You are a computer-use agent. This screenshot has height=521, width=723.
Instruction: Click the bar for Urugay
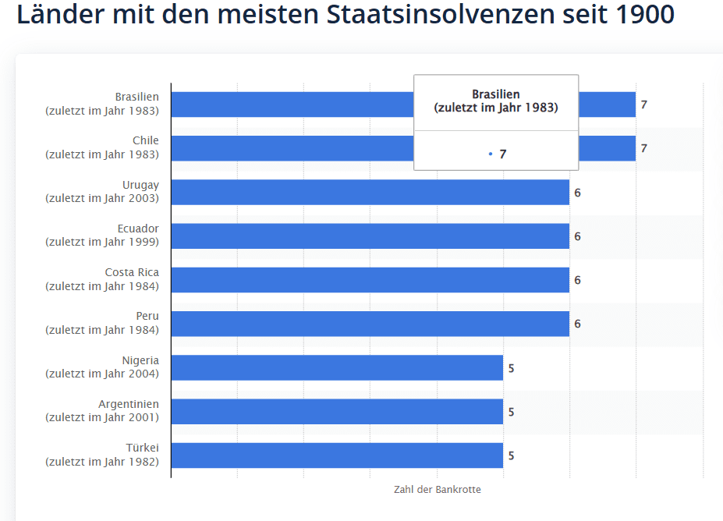pos(370,192)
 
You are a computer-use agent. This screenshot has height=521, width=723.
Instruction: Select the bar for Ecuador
pos(370,236)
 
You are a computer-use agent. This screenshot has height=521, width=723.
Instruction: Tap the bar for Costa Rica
pos(370,280)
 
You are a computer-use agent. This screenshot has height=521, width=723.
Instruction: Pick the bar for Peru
pos(370,324)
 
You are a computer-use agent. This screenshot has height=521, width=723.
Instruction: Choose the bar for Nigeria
pos(337,367)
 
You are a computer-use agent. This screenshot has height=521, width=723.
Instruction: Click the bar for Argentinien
pos(337,412)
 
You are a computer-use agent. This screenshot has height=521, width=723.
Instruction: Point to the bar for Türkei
pos(337,455)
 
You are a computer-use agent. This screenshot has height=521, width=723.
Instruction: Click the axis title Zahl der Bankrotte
pos(438,490)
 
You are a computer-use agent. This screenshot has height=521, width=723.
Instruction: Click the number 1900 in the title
pos(647,14)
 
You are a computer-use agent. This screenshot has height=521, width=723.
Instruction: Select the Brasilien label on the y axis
pos(136,97)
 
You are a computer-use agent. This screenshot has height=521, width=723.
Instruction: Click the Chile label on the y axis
pos(145,140)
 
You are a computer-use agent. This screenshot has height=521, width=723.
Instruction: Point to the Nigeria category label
pos(140,360)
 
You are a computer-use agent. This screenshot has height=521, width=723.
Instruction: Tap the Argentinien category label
pos(129,404)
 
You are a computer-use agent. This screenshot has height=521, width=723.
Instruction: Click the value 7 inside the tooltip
pos(503,154)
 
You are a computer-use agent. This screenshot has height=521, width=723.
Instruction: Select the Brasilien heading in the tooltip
pos(495,94)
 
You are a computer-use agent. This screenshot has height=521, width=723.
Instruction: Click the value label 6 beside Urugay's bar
pos(578,192)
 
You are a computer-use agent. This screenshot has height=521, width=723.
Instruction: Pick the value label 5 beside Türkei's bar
pos(511,455)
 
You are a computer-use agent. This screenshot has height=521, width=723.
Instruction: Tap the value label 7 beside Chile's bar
pos(644,148)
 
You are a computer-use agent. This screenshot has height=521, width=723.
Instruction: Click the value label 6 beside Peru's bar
pos(578,324)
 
